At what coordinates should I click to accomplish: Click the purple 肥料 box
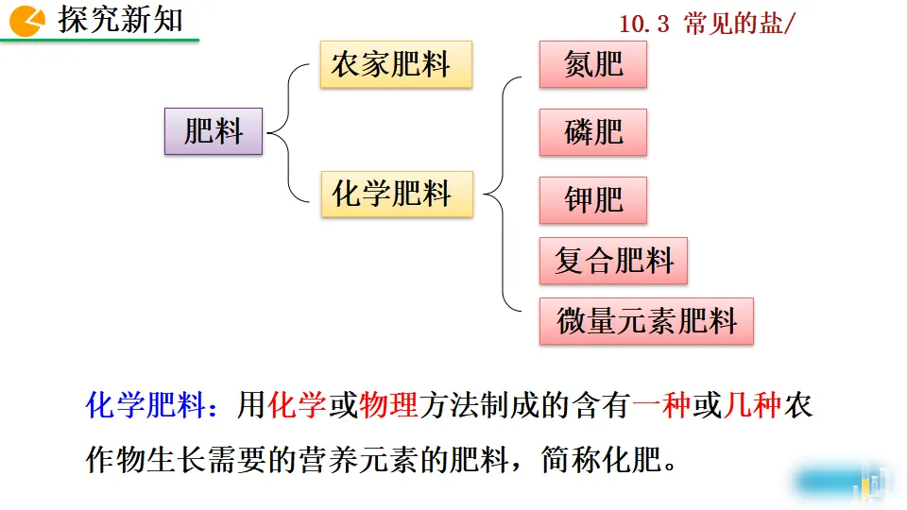[x=213, y=131]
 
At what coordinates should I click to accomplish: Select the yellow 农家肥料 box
[x=395, y=65]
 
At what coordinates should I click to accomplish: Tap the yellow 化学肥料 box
[x=396, y=194]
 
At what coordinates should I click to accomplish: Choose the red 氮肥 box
[x=593, y=64]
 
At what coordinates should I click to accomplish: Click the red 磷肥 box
[x=593, y=132]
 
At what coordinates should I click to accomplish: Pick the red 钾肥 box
[x=593, y=200]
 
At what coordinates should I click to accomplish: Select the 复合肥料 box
[x=613, y=261]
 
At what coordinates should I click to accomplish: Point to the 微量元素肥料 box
[x=646, y=321]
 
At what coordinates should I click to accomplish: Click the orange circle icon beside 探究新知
[x=26, y=20]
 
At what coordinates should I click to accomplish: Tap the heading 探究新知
[x=120, y=20]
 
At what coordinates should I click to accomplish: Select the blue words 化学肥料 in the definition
[x=145, y=406]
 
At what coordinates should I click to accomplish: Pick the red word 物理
[x=388, y=406]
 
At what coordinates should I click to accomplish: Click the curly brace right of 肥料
[x=288, y=132]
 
